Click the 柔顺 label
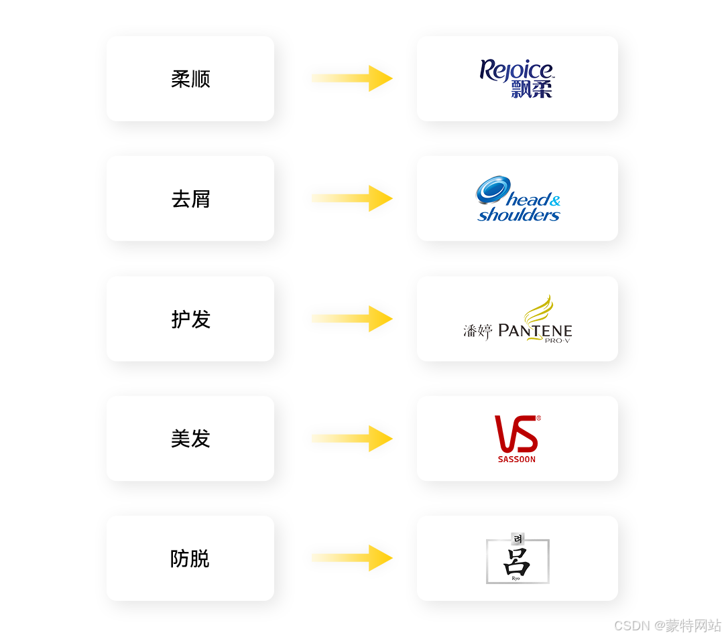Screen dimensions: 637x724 (190, 79)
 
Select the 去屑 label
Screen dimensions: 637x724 (190, 199)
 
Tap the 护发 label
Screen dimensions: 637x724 (190, 319)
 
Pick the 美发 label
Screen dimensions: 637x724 (190, 439)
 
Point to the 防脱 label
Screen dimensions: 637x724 (190, 559)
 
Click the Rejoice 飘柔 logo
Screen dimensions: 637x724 (517, 79)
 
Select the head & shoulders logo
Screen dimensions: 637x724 (518, 200)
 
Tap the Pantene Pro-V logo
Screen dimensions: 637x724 (518, 320)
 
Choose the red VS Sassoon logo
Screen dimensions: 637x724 (517, 439)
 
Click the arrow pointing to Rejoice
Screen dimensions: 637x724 (352, 78)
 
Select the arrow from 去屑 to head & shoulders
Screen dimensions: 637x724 (352, 198)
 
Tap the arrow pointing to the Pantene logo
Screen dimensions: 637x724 (352, 318)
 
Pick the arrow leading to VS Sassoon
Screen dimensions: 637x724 (352, 438)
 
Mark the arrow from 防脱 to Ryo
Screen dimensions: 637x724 (352, 558)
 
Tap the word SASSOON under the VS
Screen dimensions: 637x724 (517, 459)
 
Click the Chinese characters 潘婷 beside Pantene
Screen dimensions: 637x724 (478, 331)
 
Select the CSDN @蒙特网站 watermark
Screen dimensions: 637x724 (667, 625)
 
